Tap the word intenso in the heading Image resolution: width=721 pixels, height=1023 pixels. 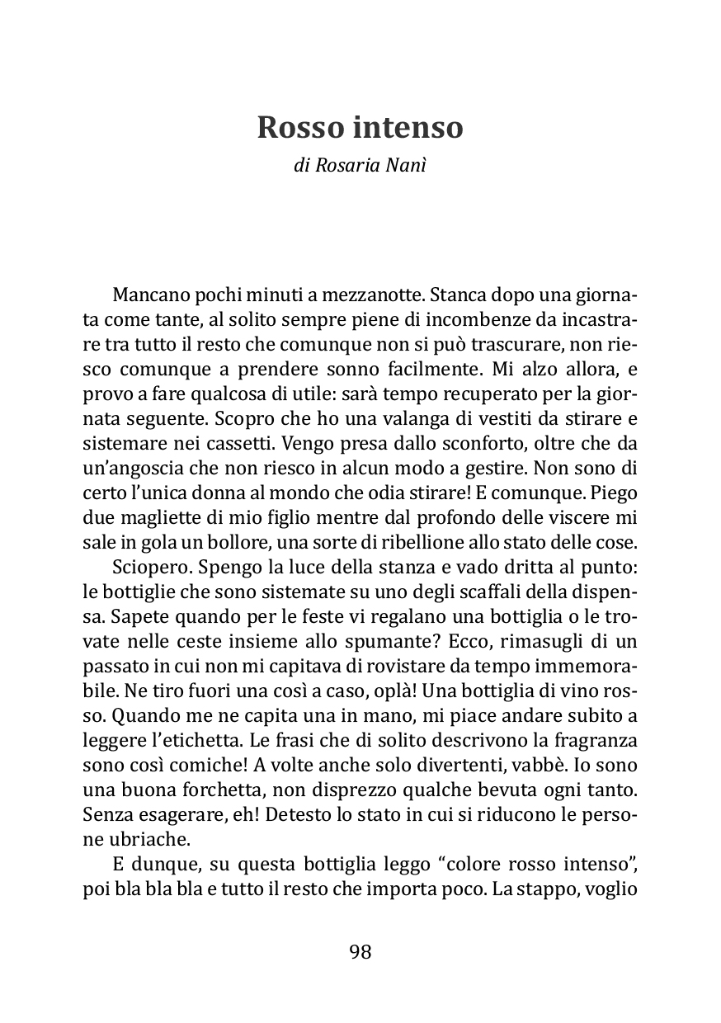point(409,128)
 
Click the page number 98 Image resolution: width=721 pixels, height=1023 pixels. point(360,952)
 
